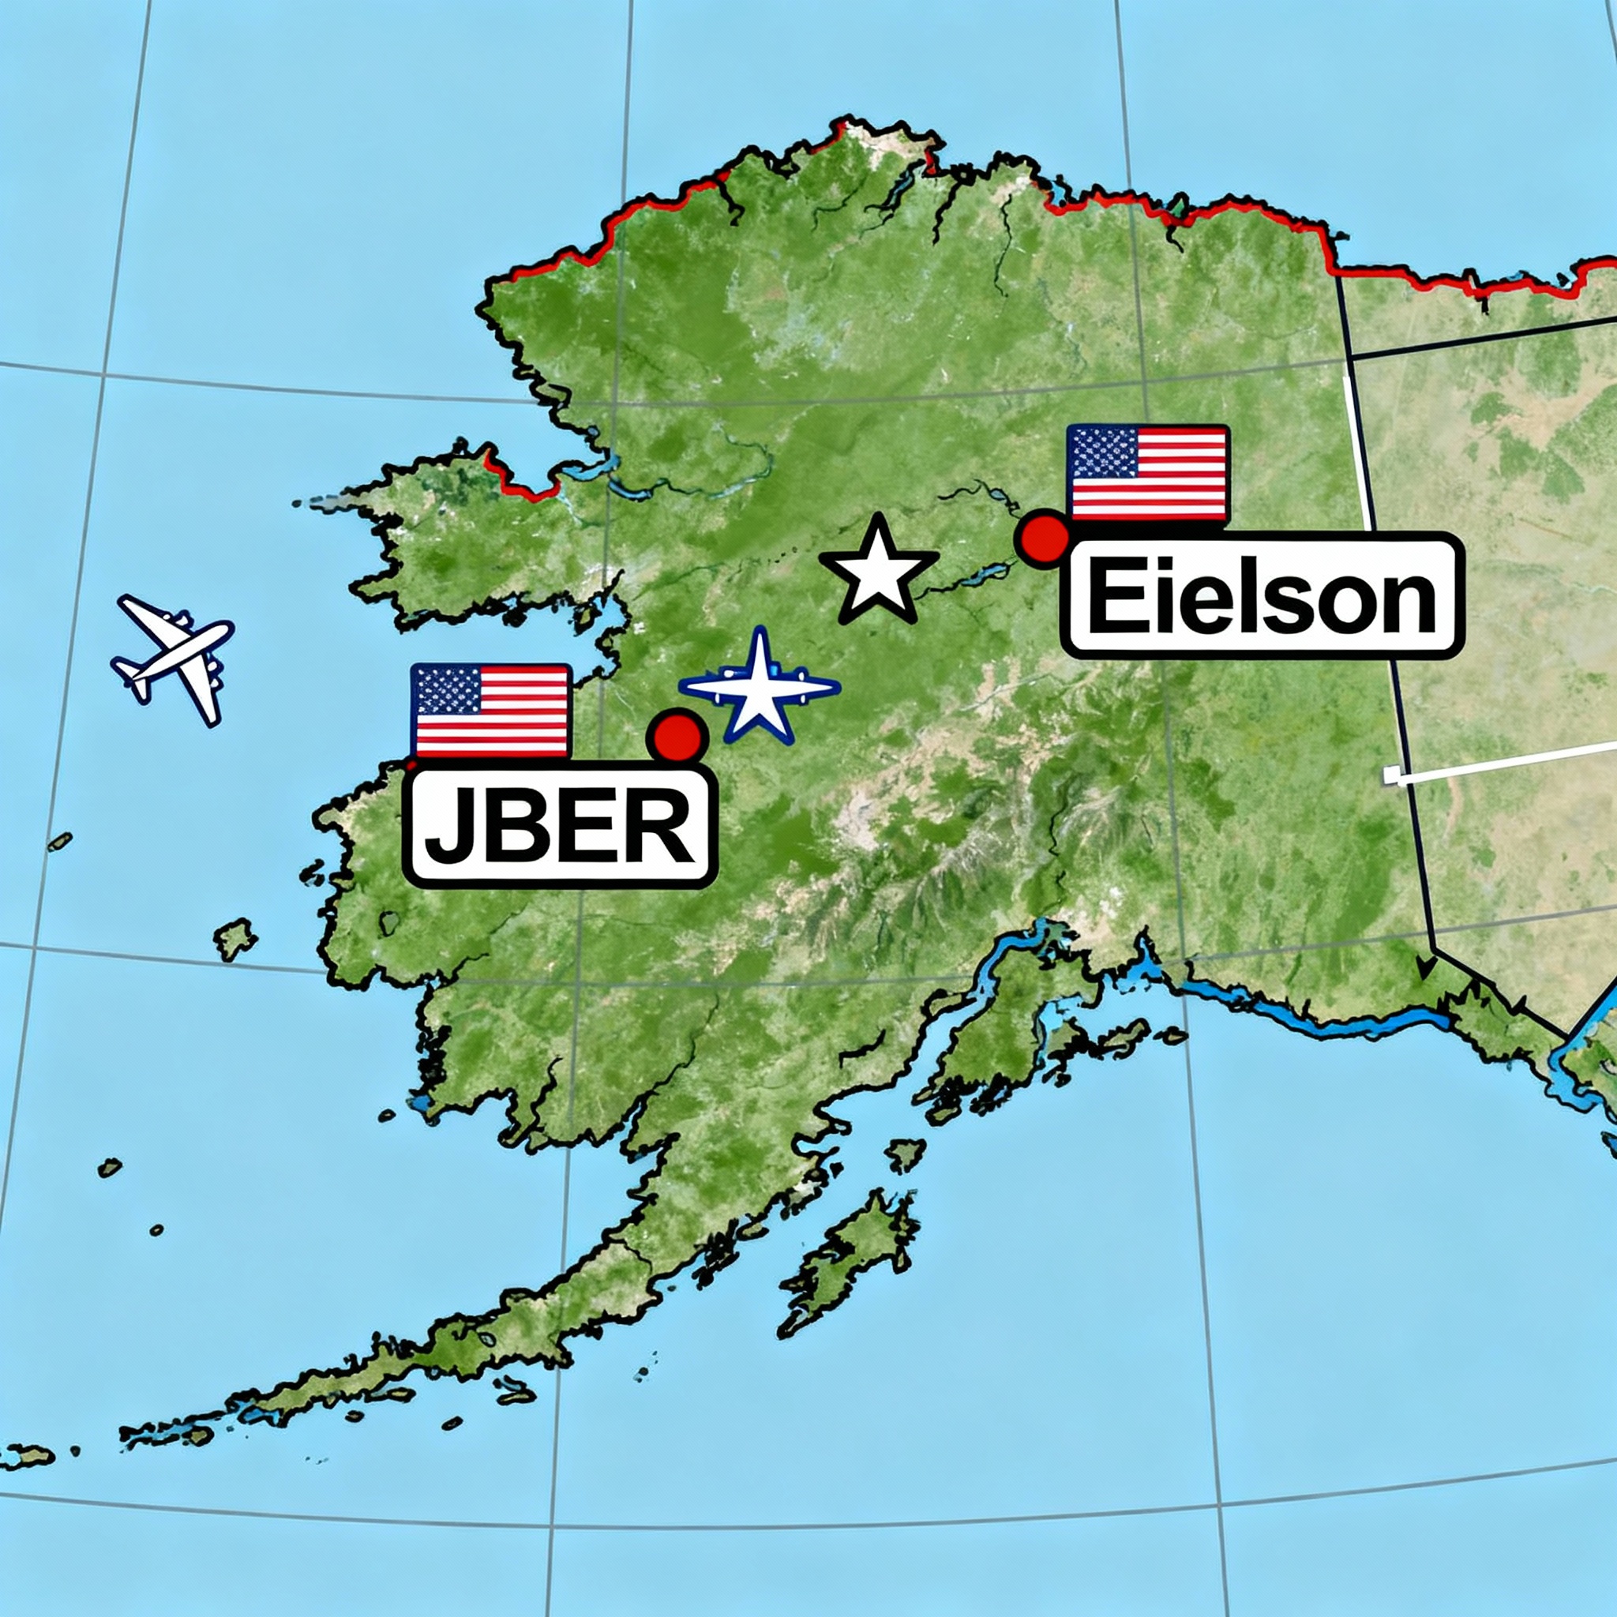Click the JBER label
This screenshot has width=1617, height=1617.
tap(559, 825)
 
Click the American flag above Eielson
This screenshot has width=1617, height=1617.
tap(1147, 473)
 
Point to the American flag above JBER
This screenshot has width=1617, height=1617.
tap(490, 711)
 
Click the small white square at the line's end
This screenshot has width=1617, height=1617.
tap(1391, 775)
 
